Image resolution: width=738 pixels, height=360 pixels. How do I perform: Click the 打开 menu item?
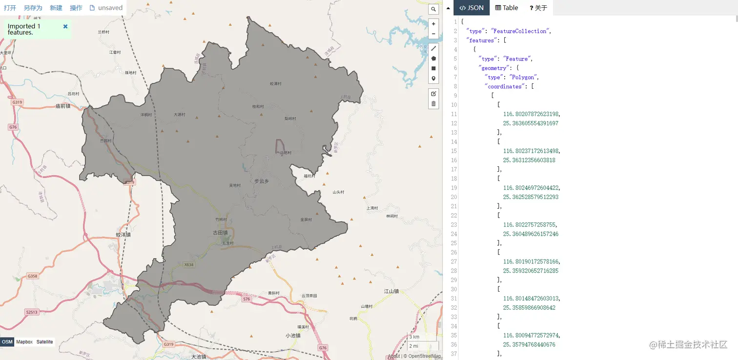pos(10,8)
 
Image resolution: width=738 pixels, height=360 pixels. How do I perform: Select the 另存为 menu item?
pos(33,8)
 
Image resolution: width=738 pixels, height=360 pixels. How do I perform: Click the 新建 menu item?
pos(56,8)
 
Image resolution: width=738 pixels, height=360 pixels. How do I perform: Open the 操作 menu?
pos(76,8)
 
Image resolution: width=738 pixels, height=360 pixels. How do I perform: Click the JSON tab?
pos(471,8)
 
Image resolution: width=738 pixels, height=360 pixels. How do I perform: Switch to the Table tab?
pos(507,8)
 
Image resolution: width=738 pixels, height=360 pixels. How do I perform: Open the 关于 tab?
pos(538,8)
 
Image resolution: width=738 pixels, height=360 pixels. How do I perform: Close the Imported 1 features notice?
pos(65,26)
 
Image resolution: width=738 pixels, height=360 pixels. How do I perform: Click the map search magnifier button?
pos(433,9)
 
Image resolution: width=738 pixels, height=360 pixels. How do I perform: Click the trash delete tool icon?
pos(433,103)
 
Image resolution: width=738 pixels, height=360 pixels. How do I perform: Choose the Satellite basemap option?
pos(45,342)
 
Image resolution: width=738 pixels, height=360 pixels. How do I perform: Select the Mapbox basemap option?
pos(24,342)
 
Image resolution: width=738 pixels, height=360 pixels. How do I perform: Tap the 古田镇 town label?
pos(221,233)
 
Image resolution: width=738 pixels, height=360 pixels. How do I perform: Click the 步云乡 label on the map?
pos(262,181)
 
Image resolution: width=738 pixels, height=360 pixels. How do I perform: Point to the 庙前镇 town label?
pos(63,106)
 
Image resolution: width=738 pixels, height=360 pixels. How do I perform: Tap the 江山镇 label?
pos(391,291)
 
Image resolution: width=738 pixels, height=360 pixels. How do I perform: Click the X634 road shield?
pos(189,264)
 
